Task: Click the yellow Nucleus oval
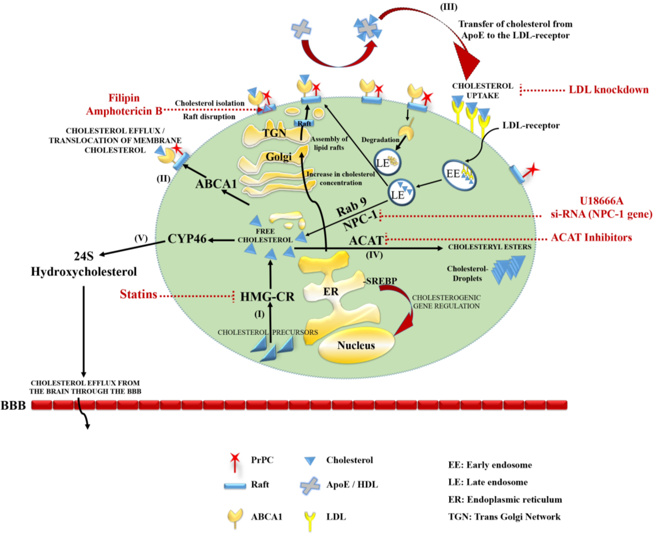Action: point(356,345)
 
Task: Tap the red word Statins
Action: point(138,294)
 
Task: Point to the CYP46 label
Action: point(187,239)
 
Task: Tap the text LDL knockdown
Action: point(608,90)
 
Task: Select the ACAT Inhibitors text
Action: point(591,237)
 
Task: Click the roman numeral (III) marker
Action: point(448,7)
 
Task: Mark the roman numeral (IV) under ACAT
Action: point(374,255)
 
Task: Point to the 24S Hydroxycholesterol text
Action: point(84,264)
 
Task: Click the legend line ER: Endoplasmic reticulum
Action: point(505,500)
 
